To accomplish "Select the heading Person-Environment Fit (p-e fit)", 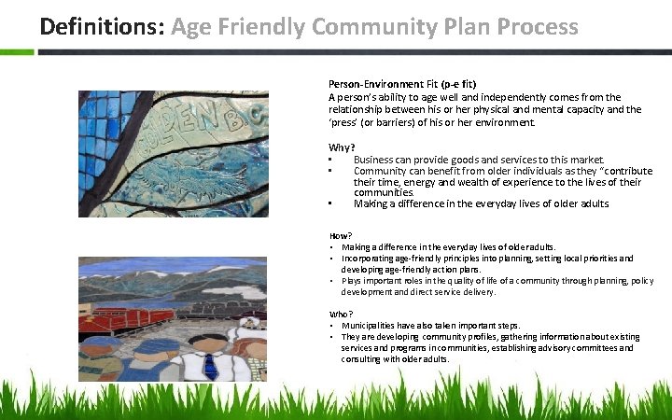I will [402, 84].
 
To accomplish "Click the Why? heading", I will [341, 147].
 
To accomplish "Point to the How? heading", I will [341, 236].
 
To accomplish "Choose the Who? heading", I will [341, 314].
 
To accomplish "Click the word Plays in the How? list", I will [353, 281].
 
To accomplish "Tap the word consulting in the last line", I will [364, 358].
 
